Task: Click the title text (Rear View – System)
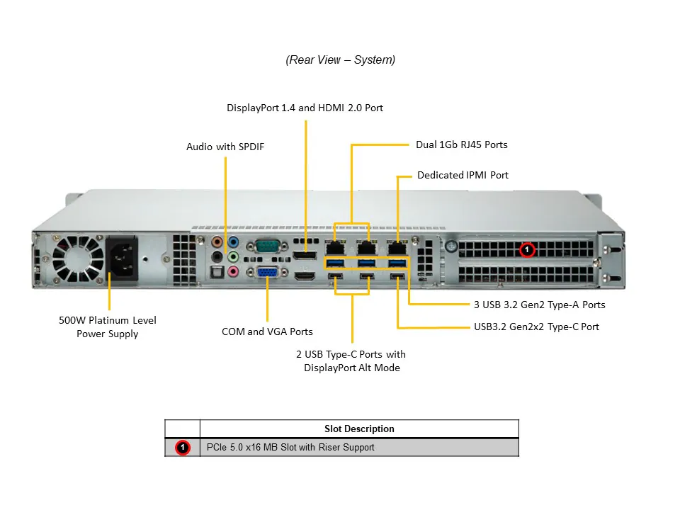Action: (x=341, y=60)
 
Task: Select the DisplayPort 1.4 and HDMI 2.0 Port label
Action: (x=305, y=108)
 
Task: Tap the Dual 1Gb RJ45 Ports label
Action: (x=461, y=144)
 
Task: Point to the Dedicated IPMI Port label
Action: (x=463, y=175)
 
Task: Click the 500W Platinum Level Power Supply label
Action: (x=108, y=327)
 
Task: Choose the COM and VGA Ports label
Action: (x=267, y=331)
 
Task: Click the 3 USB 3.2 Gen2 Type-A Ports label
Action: (x=539, y=305)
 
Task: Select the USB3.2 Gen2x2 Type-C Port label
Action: (x=536, y=327)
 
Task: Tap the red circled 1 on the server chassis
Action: (x=526, y=250)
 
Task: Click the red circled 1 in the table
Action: (x=183, y=448)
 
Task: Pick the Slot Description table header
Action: (x=359, y=429)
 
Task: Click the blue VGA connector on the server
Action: (x=267, y=271)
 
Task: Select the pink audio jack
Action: (x=232, y=271)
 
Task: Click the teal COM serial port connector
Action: (x=267, y=246)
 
